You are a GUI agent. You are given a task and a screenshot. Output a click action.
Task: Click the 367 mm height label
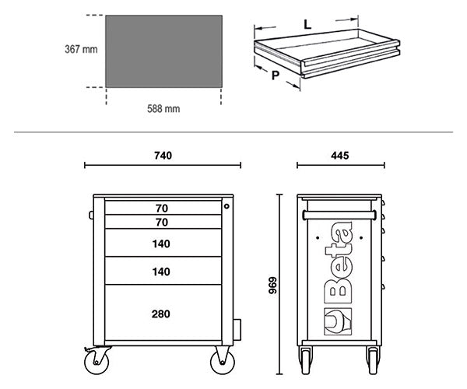click(81, 49)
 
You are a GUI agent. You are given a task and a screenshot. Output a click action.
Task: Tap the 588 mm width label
click(163, 109)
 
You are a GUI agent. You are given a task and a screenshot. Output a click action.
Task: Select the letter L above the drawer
click(307, 24)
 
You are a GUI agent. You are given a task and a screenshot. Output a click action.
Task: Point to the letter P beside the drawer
click(276, 75)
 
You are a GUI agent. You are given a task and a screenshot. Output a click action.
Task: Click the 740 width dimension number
click(163, 156)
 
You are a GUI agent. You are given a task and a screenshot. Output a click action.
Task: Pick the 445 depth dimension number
click(340, 156)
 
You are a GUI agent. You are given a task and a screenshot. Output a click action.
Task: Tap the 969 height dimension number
click(272, 286)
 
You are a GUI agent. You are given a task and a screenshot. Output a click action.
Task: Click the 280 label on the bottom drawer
click(161, 314)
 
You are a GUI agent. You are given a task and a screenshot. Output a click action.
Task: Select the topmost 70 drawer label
click(162, 209)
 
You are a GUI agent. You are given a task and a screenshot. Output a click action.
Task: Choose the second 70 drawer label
click(162, 223)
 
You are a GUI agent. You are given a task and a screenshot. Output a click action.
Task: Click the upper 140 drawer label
click(161, 244)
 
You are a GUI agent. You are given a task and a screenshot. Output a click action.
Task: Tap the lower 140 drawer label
click(161, 272)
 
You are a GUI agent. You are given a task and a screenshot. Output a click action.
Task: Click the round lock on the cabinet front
click(226, 206)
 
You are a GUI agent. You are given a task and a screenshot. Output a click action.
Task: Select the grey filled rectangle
click(163, 51)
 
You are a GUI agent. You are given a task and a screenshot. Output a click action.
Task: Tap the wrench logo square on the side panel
click(338, 321)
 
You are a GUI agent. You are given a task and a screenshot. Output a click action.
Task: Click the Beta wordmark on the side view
click(339, 262)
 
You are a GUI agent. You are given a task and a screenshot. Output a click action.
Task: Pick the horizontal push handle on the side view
click(339, 215)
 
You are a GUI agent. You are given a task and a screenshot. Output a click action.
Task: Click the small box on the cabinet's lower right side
click(237, 330)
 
